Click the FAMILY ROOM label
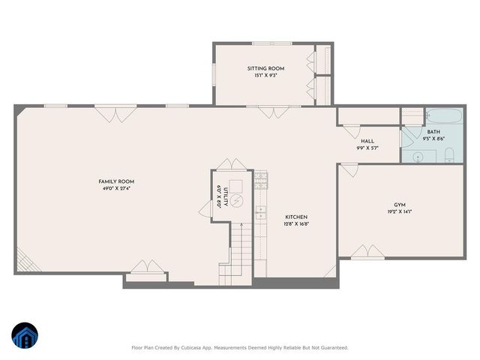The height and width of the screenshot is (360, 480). pos(116,181)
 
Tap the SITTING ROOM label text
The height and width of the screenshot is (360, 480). pos(266,68)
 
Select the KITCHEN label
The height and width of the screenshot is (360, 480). pos(295,217)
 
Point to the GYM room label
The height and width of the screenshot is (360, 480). pos(400,205)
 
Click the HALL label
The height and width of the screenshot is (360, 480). pos(367,141)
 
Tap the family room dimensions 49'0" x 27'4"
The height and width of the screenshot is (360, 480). pos(116,188)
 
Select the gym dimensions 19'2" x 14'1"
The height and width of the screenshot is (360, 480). pos(400,211)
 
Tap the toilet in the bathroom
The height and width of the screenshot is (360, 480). pos(448,155)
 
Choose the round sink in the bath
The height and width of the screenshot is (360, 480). pos(419,156)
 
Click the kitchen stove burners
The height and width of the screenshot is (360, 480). pos(261,180)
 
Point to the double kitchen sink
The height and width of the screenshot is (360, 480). pos(260,211)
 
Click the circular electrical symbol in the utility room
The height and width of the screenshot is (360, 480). pos(236,201)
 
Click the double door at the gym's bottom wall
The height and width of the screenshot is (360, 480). pos(367,252)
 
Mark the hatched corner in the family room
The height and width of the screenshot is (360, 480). pos(23,262)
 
